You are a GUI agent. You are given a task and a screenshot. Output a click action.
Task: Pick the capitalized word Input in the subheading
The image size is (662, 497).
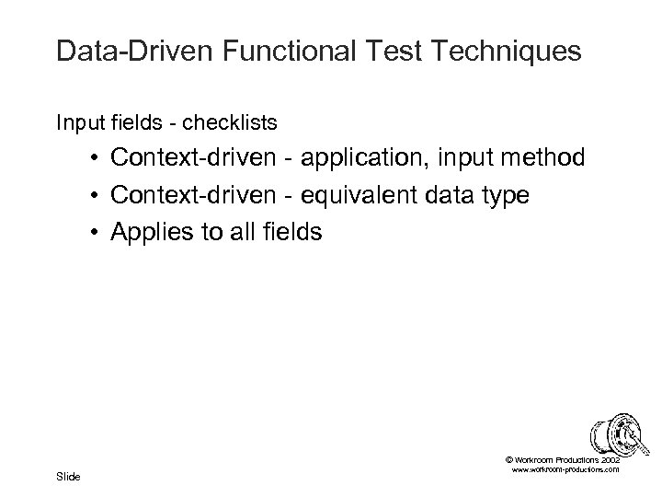(x=74, y=121)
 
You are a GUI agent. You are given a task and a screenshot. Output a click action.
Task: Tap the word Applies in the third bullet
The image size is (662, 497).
(x=152, y=233)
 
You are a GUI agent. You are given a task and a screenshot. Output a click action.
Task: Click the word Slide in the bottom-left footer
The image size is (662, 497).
(x=68, y=476)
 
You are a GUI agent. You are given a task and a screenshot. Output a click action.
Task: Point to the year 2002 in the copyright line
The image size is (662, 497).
(x=610, y=457)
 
